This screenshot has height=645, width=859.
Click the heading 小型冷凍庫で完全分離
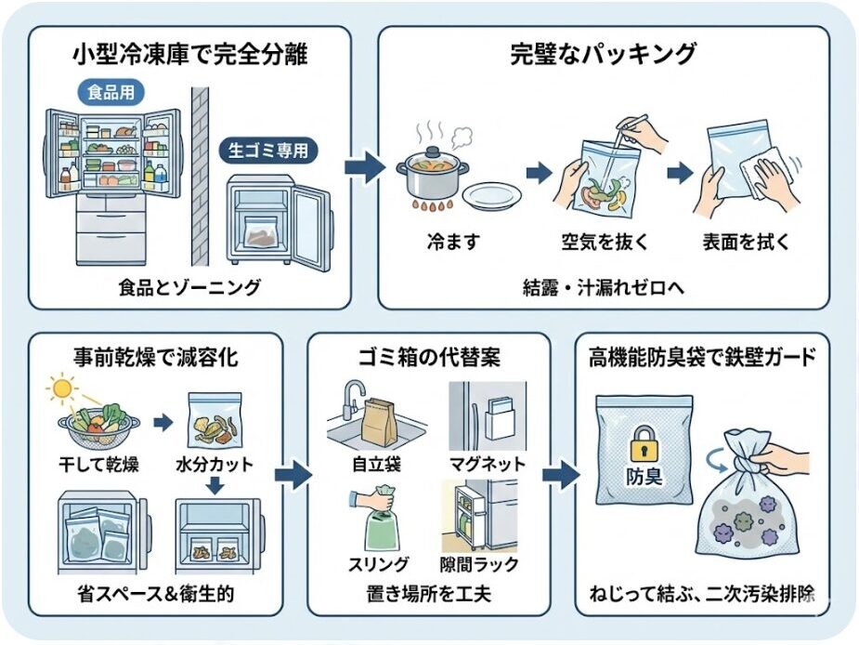[x=189, y=55]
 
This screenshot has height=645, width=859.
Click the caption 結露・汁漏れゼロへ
[x=603, y=288]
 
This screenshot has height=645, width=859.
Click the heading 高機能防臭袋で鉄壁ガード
[x=703, y=357]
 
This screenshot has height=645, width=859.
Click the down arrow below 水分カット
[x=214, y=485]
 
